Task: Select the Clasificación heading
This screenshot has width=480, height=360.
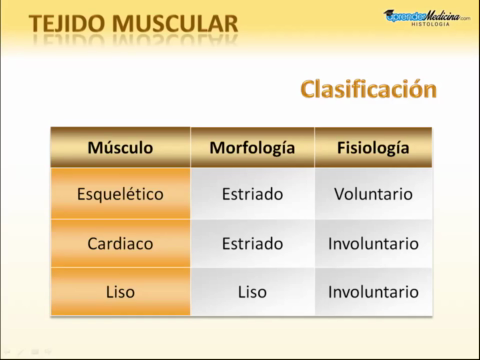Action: pos(368,89)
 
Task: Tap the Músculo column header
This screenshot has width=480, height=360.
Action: pos(120,147)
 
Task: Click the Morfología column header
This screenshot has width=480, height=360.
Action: pos(252,147)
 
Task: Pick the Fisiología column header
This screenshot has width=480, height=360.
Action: pos(373,147)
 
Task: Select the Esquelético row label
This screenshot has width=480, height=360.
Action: pos(120,194)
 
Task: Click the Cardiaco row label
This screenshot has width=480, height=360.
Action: pos(120,243)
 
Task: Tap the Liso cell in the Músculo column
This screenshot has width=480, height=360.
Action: pos(120,292)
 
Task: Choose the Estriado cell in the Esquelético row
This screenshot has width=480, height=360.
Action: pos(252,194)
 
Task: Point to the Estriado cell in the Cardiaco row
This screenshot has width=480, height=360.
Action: pos(252,243)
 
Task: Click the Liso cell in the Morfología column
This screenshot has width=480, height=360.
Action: pos(252,292)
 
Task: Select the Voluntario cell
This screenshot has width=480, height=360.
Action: pos(373,194)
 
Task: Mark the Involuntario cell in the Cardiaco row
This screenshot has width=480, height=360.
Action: pos(373,243)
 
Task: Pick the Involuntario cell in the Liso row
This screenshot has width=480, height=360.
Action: pos(373,292)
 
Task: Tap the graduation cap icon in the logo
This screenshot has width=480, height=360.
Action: pos(391,13)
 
